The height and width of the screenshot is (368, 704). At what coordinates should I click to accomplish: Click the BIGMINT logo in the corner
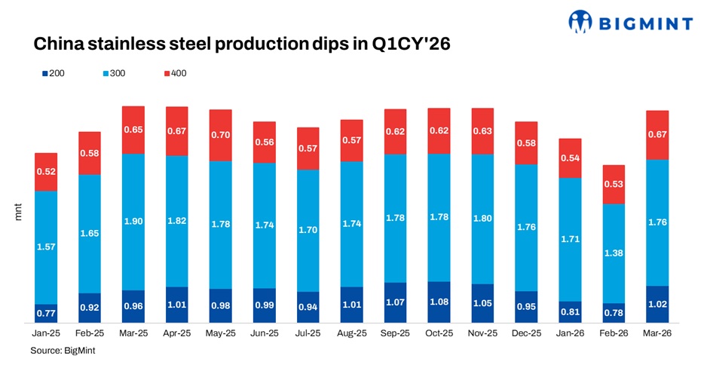pyautogui.click(x=630, y=23)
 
